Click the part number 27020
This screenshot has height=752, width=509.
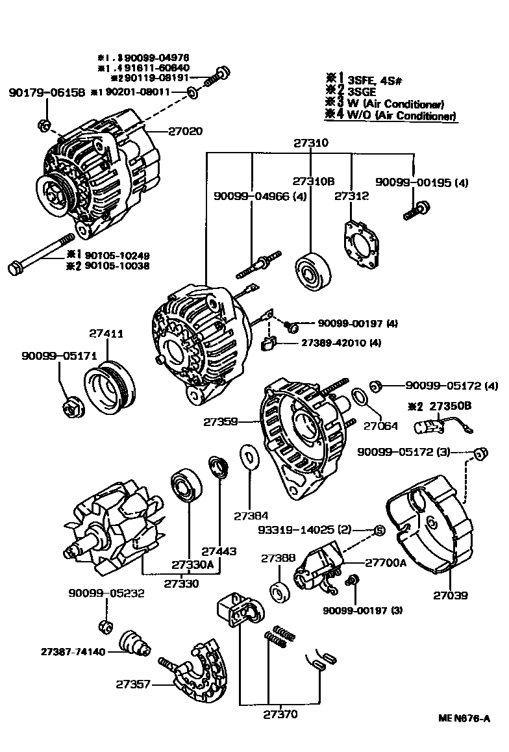pos(185,131)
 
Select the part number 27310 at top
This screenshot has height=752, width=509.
pos(310,143)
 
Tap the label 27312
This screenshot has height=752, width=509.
pos(351,195)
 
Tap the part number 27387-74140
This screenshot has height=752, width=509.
pos(73,651)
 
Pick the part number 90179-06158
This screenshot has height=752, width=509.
pos(47,93)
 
